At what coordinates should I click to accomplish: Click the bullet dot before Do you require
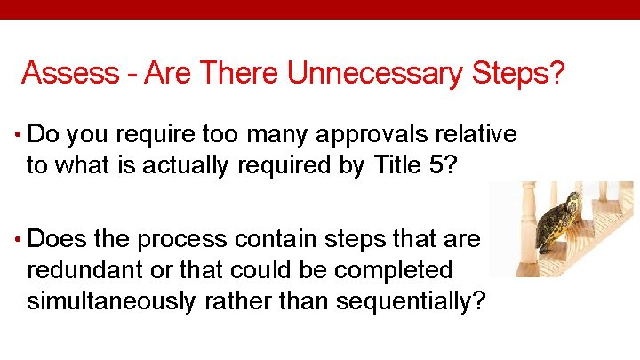(19, 136)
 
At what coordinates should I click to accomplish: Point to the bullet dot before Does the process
(19, 240)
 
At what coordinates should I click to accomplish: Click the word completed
(399, 269)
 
